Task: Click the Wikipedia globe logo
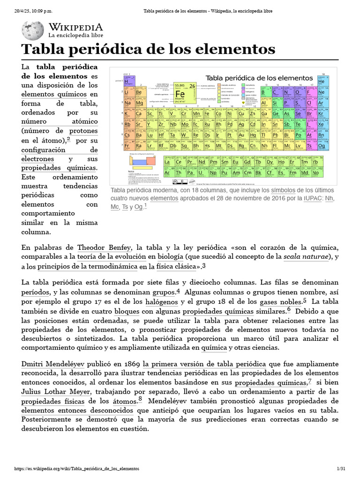pos(33,30)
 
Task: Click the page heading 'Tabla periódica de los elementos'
pos(148,50)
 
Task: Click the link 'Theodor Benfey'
pos(105,247)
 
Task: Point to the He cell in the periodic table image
pos(321,81)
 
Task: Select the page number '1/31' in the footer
pos(341,469)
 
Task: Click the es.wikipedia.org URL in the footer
pos(77,469)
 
